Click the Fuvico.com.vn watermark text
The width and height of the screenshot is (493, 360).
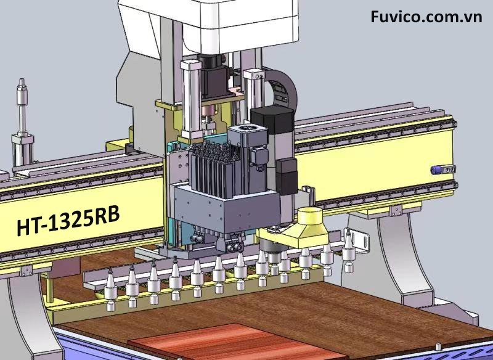[x=426, y=17]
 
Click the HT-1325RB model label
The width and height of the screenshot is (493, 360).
[x=68, y=221]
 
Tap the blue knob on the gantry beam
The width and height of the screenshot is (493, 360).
[x=435, y=170]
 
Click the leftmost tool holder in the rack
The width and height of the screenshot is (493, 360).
[x=111, y=290]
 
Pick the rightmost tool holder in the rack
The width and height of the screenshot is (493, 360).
[x=348, y=252]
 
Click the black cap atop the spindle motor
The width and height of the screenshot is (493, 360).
[x=272, y=119]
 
